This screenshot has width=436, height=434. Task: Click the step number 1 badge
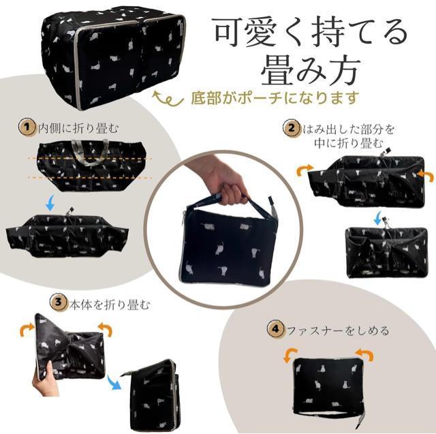(x=27, y=127)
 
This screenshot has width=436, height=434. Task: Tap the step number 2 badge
(x=292, y=129)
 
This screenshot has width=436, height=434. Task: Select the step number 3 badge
(x=59, y=303)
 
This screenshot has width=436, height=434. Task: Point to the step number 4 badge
(x=275, y=329)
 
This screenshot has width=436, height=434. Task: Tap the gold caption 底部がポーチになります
(x=275, y=98)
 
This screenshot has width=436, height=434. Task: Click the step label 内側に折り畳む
(x=79, y=129)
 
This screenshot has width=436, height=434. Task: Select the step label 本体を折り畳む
(x=110, y=305)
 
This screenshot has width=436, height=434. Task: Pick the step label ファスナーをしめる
(x=338, y=331)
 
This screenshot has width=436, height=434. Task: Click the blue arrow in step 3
(x=114, y=383)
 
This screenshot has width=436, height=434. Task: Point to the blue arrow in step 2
(x=377, y=218)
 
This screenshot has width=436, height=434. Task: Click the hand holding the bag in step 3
(x=46, y=380)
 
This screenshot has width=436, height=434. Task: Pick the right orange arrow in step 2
(x=425, y=176)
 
